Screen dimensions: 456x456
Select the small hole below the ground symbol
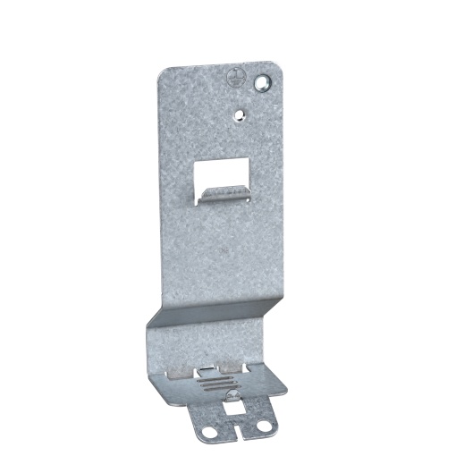239,114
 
